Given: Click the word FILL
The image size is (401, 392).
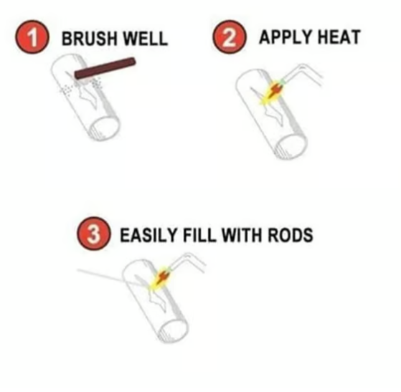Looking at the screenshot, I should click(x=199, y=234).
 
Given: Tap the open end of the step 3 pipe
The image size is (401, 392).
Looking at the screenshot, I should click(x=176, y=328).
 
